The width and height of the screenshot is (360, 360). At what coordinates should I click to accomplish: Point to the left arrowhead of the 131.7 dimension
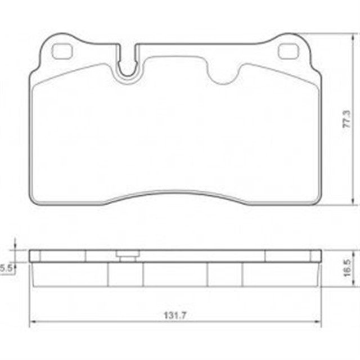click(x=32, y=322)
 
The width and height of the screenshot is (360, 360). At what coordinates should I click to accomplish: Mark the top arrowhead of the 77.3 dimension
click(x=353, y=37)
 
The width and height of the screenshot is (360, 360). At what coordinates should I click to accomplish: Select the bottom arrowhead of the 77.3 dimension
click(x=353, y=204)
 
